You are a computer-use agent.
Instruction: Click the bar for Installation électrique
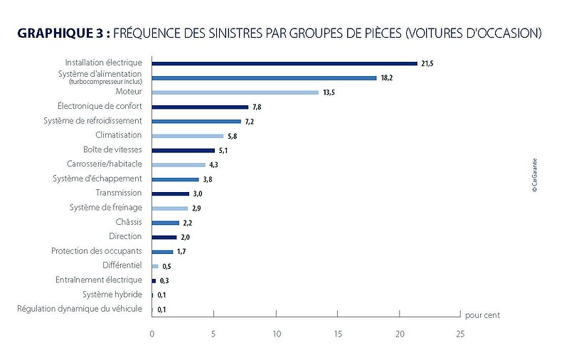click(284, 63)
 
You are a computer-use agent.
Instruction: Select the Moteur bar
click(235, 92)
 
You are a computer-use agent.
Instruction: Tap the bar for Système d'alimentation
click(264, 78)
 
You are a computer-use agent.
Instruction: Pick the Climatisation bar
click(188, 136)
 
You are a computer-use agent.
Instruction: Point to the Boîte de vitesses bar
click(184, 150)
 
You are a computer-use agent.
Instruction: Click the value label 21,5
click(427, 64)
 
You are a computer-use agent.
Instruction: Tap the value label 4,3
click(213, 165)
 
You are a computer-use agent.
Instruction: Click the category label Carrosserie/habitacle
click(104, 164)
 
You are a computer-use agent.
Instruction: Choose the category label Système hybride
click(112, 295)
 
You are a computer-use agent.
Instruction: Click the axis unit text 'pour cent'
click(482, 314)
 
